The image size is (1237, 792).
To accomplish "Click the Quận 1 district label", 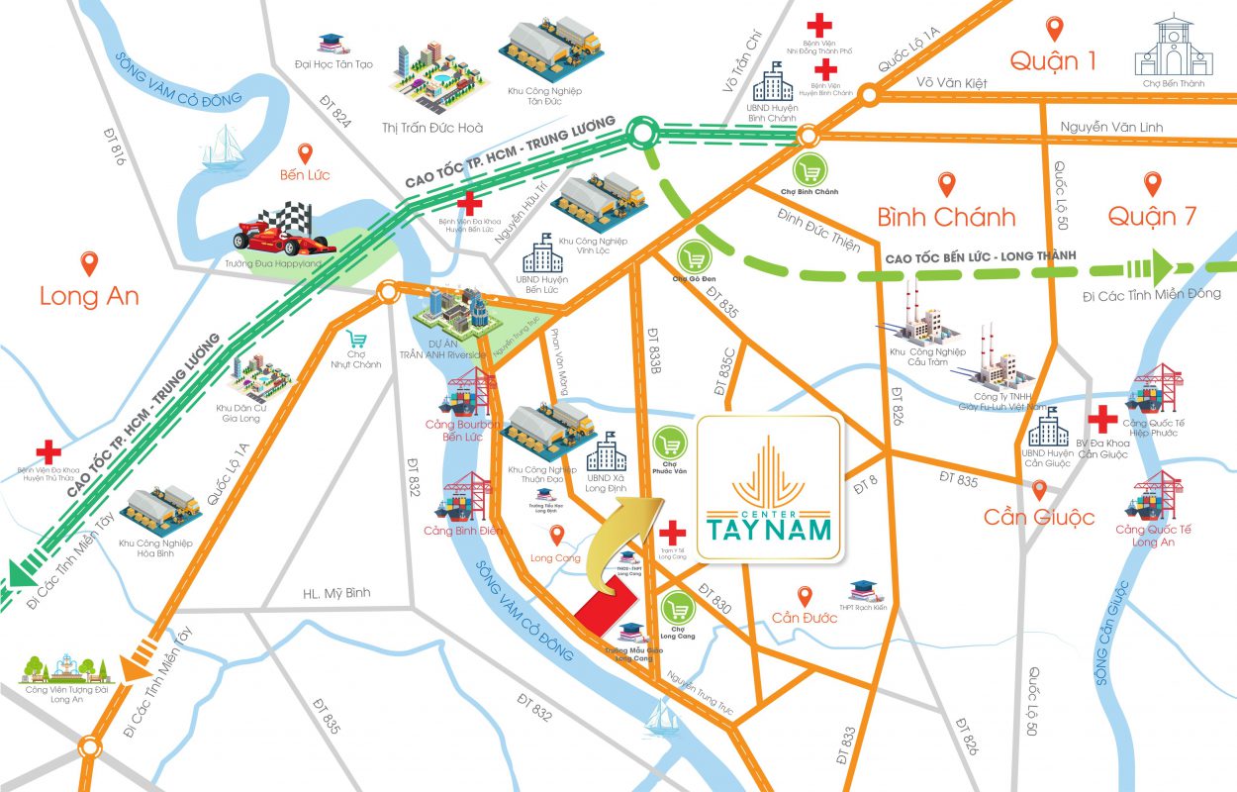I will [x=1053, y=61].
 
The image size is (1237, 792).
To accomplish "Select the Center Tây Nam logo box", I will [x=770, y=488].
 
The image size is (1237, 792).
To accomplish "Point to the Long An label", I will [x=89, y=296].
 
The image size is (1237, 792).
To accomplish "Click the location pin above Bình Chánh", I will [x=946, y=184].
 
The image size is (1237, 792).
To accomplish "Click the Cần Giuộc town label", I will [x=1038, y=517].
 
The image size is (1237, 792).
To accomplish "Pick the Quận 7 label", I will [x=1151, y=216].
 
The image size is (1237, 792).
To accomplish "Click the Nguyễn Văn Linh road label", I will [x=1109, y=127].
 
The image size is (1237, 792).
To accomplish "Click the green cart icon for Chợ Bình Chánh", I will [x=811, y=170].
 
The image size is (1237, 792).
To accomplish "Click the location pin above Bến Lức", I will [x=305, y=153].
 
